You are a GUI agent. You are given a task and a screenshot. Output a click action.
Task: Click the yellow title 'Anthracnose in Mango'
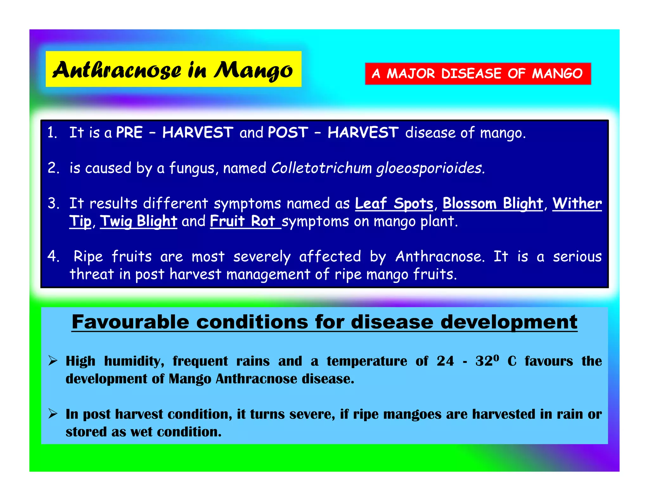click(173, 69)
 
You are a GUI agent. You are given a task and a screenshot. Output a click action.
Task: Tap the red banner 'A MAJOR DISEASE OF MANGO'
click(478, 73)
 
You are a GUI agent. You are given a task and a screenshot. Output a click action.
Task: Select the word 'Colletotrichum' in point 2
click(321, 168)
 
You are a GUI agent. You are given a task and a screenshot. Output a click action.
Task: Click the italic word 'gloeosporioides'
click(430, 168)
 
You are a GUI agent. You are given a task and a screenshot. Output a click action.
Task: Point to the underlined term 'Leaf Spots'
click(394, 203)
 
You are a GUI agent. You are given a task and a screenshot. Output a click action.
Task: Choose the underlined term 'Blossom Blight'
click(493, 203)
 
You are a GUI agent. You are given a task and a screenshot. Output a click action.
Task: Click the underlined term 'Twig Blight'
click(138, 221)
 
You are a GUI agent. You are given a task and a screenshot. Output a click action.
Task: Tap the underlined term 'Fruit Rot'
click(242, 221)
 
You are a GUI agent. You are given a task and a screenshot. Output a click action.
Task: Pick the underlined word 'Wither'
click(577, 203)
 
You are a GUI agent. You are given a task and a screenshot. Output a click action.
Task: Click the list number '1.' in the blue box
click(52, 132)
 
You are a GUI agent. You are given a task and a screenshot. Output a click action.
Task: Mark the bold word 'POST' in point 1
click(288, 132)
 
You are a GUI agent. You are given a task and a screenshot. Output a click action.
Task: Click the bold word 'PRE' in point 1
click(129, 132)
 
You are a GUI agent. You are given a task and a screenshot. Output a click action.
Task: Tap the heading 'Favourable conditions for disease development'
click(324, 322)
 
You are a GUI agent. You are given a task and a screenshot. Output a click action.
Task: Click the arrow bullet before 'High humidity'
click(53, 361)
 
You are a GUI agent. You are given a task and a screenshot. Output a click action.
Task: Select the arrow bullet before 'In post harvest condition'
click(53, 414)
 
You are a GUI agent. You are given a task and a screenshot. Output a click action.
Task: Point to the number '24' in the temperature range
click(445, 361)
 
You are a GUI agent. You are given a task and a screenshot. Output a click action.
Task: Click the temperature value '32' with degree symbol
click(487, 361)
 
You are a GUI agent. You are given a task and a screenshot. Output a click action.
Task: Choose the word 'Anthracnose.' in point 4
click(440, 257)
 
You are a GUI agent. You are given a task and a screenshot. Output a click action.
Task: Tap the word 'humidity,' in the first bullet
click(134, 361)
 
